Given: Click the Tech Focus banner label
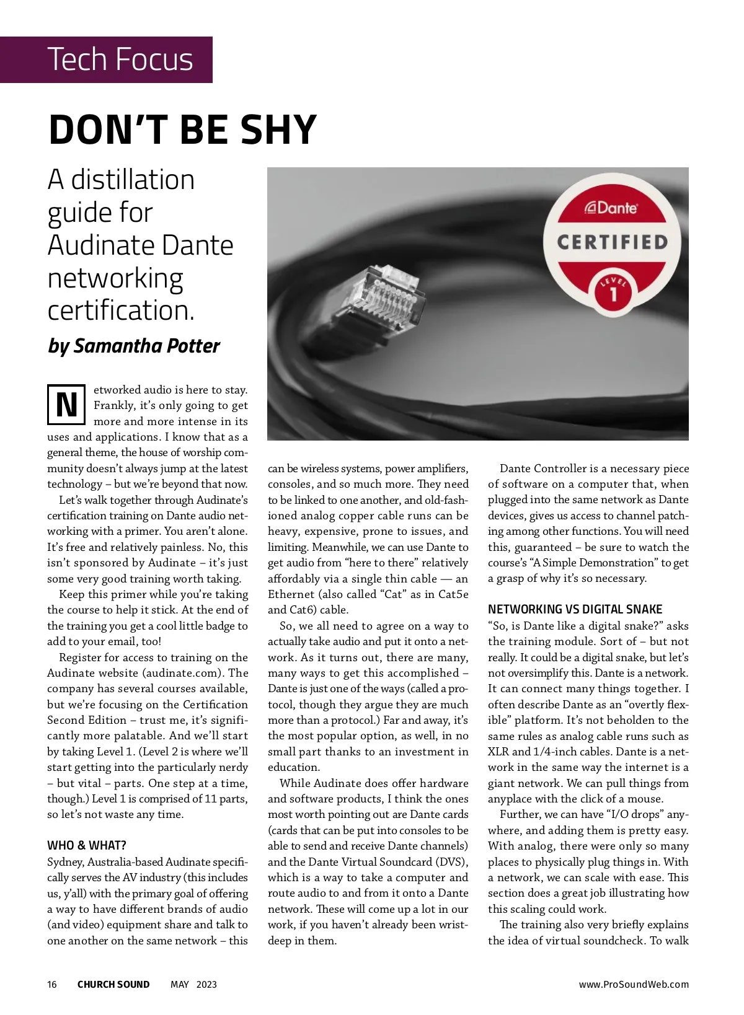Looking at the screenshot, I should click(120, 59).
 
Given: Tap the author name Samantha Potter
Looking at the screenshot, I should click(146, 346).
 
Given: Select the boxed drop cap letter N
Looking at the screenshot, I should click(66, 405).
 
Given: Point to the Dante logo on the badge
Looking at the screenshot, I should click(611, 208).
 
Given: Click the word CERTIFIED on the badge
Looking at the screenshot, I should click(613, 242).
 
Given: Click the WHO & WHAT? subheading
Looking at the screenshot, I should click(87, 845).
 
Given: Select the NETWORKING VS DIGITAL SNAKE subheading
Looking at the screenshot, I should click(575, 609).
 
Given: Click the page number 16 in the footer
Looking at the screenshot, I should click(52, 985).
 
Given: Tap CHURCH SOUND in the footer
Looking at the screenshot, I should click(113, 985).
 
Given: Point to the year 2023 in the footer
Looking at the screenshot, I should click(206, 985).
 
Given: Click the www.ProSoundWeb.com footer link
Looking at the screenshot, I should click(634, 985).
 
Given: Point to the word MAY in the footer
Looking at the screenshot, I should click(180, 985).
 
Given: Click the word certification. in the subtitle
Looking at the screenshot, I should click(121, 310).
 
